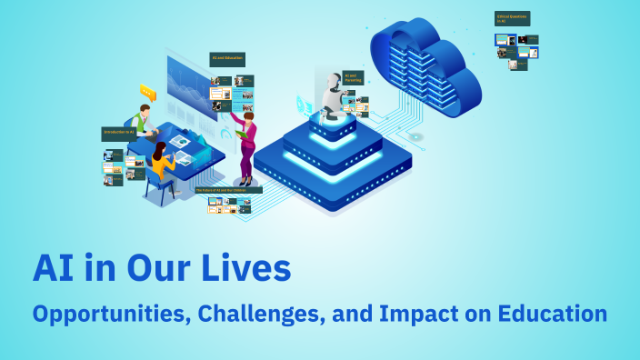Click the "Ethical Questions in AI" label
pos(512,18)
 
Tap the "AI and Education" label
pos(225,59)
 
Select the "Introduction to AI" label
pos(118,134)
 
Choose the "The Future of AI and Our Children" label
pos(228,190)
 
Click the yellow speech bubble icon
pos(148,92)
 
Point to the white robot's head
pos(334,83)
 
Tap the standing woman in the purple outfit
pos(245,141)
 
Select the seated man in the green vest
pos(141,119)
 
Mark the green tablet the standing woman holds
pos(241,134)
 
